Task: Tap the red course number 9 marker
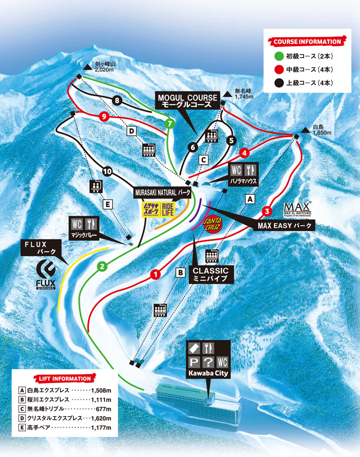[102, 116]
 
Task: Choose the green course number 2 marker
[101, 266]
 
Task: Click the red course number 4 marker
[244, 153]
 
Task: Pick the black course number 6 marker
[193, 147]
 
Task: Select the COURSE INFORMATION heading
[307, 42]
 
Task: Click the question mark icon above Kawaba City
[209, 361]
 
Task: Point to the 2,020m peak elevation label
[104, 69]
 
